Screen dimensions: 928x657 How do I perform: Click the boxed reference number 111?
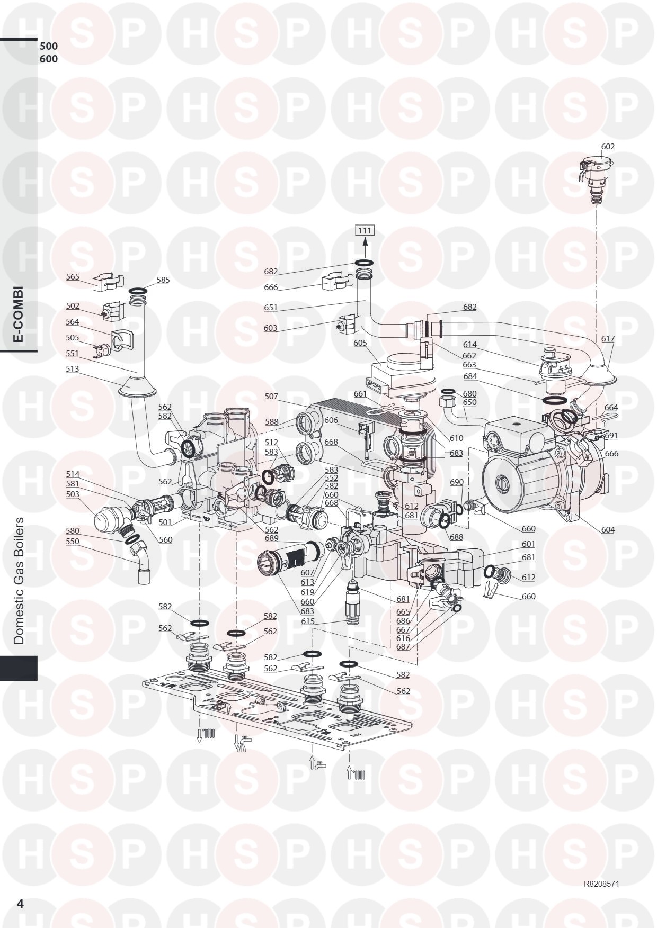pyautogui.click(x=365, y=230)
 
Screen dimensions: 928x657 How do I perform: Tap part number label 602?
pyautogui.click(x=608, y=147)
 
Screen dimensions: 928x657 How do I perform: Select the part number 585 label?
pyautogui.click(x=163, y=280)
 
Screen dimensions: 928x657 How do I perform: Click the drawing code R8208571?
pyautogui.click(x=601, y=884)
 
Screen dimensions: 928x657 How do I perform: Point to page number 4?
pyautogui.click(x=20, y=904)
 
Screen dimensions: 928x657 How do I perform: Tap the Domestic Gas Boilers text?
pyautogui.click(x=19, y=580)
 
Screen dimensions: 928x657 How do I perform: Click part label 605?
pyautogui.click(x=360, y=343)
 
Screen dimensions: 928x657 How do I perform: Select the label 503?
pyautogui.click(x=73, y=494)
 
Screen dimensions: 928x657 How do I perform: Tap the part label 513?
pyautogui.click(x=73, y=369)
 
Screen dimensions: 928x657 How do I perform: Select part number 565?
pyautogui.click(x=73, y=277)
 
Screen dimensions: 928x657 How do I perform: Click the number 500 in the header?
pyautogui.click(x=49, y=46)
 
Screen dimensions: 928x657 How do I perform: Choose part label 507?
pyautogui.click(x=271, y=396)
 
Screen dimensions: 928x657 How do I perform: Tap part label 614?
pyautogui.click(x=470, y=345)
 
